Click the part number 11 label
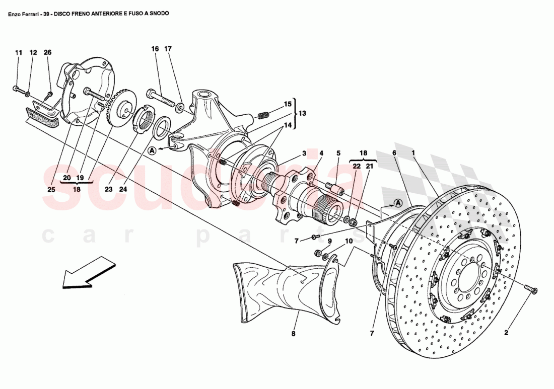click(19, 52)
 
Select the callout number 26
click(47, 52)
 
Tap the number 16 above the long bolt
click(155, 49)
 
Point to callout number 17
click(168, 49)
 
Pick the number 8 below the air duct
click(294, 333)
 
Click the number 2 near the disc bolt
click(507, 332)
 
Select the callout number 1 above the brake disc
click(412, 152)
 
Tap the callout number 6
click(395, 152)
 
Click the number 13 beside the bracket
click(302, 113)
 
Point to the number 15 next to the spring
click(288, 104)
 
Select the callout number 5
click(338, 152)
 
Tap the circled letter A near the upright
click(152, 149)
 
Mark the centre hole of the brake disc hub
click(470, 274)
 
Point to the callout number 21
click(369, 166)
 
